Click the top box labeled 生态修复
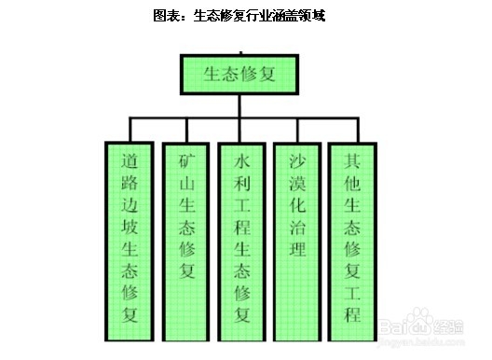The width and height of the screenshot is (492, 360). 241,74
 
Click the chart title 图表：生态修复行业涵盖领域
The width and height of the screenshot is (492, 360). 245,16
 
